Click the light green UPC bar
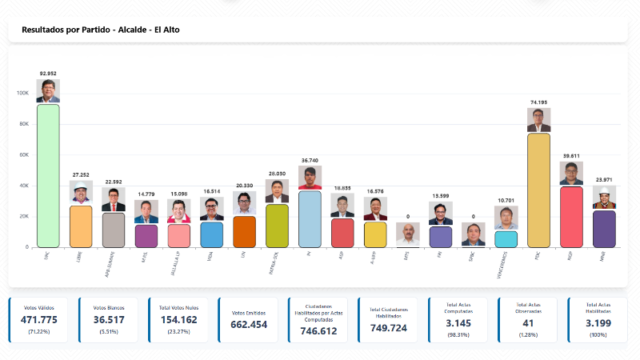pyautogui.click(x=48, y=176)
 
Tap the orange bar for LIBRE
pyautogui.click(x=81, y=226)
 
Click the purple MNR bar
pyautogui.click(x=604, y=229)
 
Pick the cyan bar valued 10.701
pyautogui.click(x=506, y=239)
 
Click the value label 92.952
pyautogui.click(x=48, y=74)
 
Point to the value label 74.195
pyautogui.click(x=538, y=102)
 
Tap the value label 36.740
pyautogui.click(x=310, y=160)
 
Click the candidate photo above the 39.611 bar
pyautogui.click(x=571, y=174)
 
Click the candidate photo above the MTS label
pyautogui.click(x=407, y=234)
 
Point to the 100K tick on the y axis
pyautogui.click(x=22, y=93)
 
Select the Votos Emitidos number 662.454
pyautogui.click(x=248, y=324)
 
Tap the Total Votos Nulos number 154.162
pyautogui.click(x=179, y=320)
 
